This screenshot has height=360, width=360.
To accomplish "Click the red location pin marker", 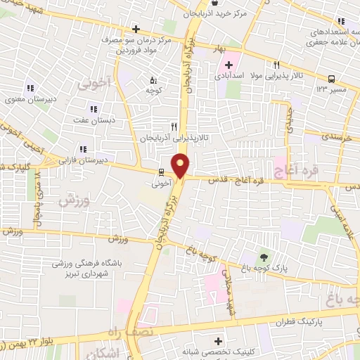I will pos(181,166).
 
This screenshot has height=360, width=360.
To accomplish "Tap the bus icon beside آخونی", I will pos(162,172).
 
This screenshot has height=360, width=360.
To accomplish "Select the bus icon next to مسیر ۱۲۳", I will pos(330,79).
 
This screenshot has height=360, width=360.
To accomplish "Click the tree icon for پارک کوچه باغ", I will pos(264,257).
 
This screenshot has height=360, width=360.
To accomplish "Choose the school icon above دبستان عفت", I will pos(93,109).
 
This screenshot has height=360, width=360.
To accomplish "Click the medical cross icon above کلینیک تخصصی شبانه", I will pos(219,341).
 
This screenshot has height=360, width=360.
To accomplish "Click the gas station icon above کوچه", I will pos(154,79).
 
